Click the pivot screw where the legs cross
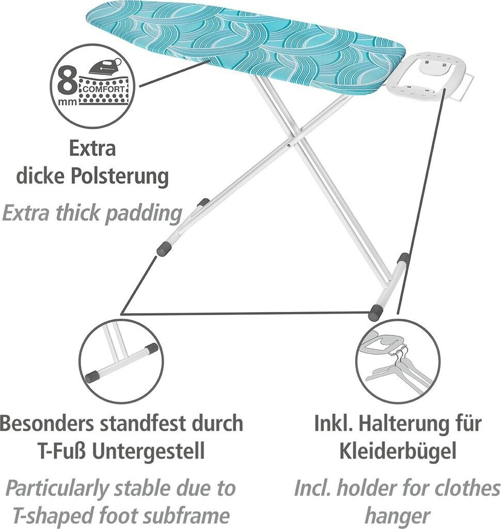click(288, 146)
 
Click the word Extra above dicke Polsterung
click(92, 149)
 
